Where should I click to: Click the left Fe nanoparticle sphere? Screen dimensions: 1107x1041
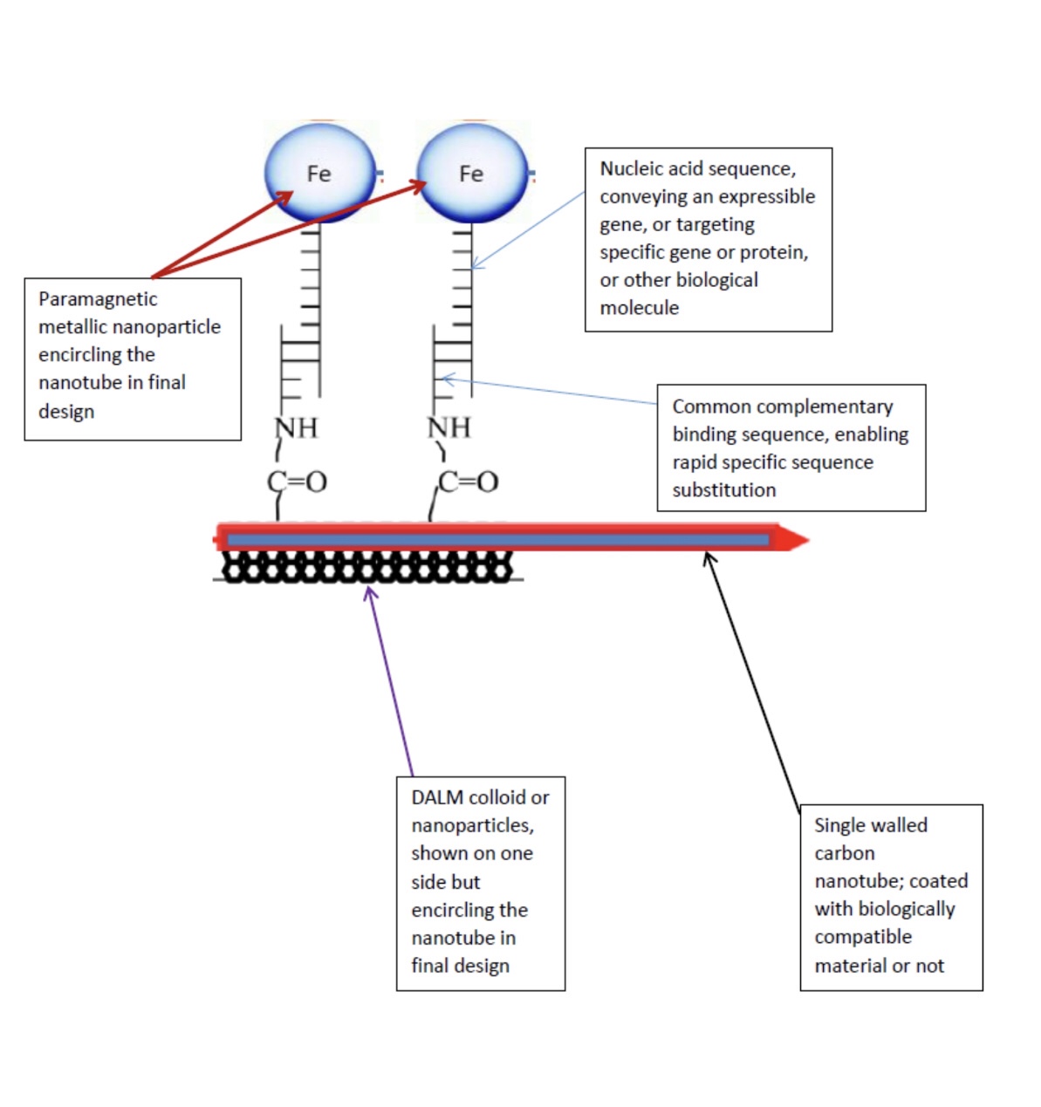319,173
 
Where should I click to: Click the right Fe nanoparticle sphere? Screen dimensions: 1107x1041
472,173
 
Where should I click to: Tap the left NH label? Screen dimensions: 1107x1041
297,427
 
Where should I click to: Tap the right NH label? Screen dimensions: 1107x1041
449,427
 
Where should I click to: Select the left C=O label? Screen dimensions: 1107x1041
297,481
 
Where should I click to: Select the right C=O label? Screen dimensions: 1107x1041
469,481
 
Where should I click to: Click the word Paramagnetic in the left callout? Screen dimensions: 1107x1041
98,299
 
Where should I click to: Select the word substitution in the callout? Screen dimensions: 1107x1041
723,490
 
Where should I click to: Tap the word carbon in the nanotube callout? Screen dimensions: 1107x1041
844,853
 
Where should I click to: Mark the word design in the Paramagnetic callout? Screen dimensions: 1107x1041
66,411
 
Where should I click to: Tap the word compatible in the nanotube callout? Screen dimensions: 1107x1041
863,937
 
